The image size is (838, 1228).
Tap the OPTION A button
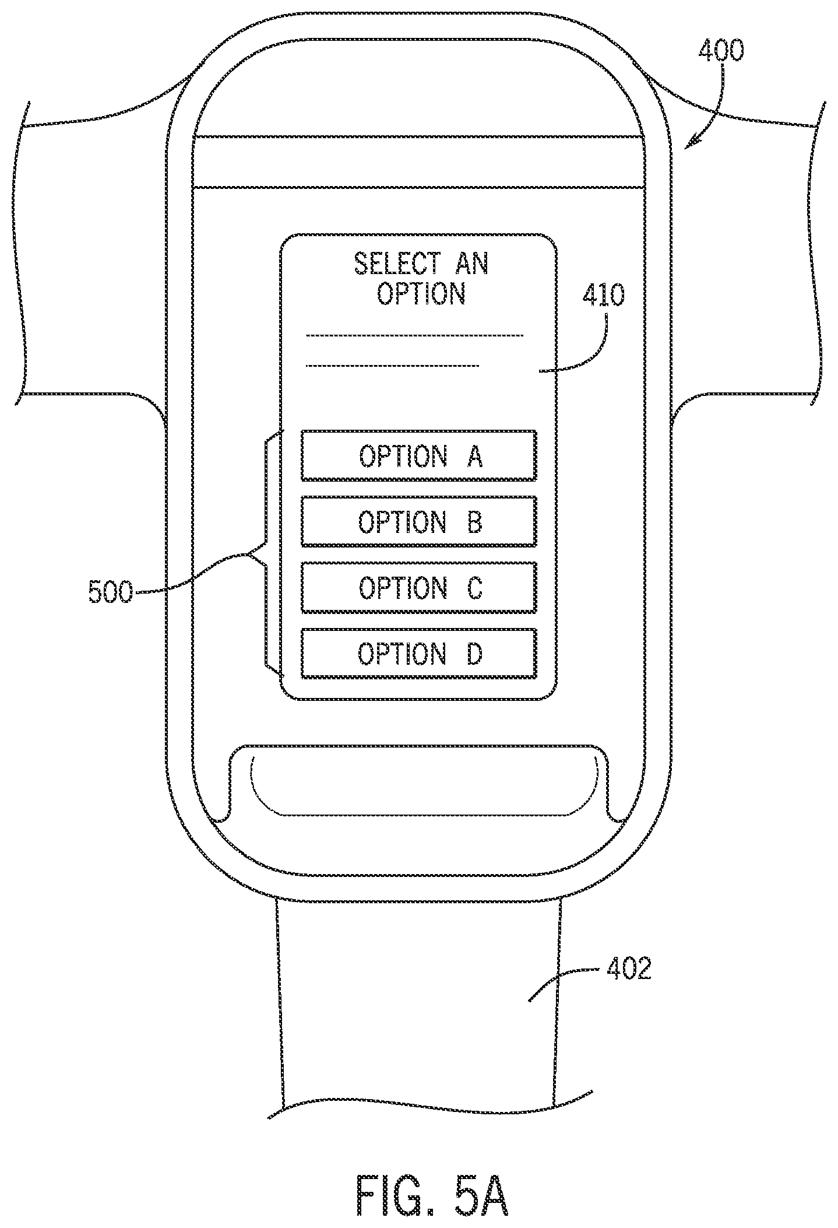418,455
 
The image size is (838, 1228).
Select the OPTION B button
418,521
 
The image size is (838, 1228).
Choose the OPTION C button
418,587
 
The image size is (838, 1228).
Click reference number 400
721,51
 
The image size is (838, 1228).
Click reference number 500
110,592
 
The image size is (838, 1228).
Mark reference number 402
628,969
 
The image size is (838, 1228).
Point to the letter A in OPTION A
475,456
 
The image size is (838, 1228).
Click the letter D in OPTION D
474,654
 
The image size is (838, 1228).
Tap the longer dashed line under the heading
415,335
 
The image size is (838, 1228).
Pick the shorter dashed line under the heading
393,366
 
